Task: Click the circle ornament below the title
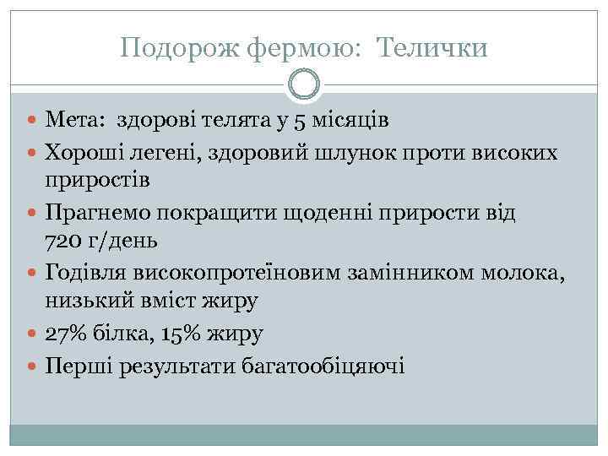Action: (x=304, y=84)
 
